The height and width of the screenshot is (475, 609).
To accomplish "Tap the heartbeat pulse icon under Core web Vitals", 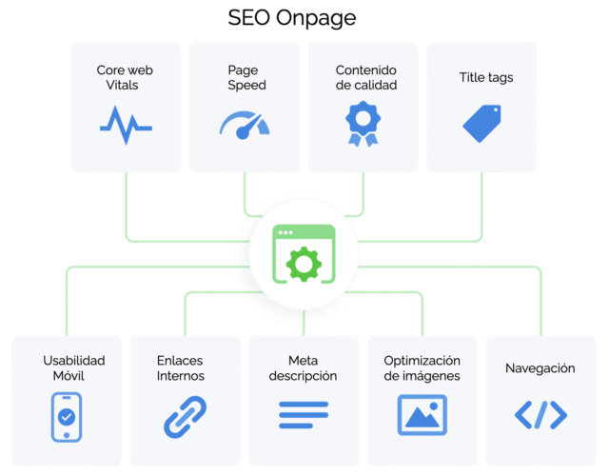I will pyautogui.click(x=126, y=124).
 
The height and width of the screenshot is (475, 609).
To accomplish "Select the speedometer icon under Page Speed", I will pyautogui.click(x=246, y=124).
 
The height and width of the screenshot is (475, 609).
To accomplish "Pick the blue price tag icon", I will pyautogui.click(x=481, y=124).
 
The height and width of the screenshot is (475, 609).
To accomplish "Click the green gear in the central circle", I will pyautogui.click(x=304, y=262).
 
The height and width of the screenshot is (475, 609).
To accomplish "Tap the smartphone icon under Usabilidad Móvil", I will pyautogui.click(x=67, y=415).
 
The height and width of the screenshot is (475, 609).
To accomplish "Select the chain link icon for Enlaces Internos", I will pyautogui.click(x=185, y=416).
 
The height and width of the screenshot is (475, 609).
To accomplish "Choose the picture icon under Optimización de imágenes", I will pyautogui.click(x=422, y=415).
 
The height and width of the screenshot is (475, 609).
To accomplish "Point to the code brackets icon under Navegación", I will pyautogui.click(x=540, y=415).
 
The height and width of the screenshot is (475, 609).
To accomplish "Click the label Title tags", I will pyautogui.click(x=481, y=78).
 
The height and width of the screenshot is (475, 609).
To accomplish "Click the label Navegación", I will pyautogui.click(x=540, y=368).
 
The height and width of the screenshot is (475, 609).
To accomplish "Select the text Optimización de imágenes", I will pyautogui.click(x=422, y=368).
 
